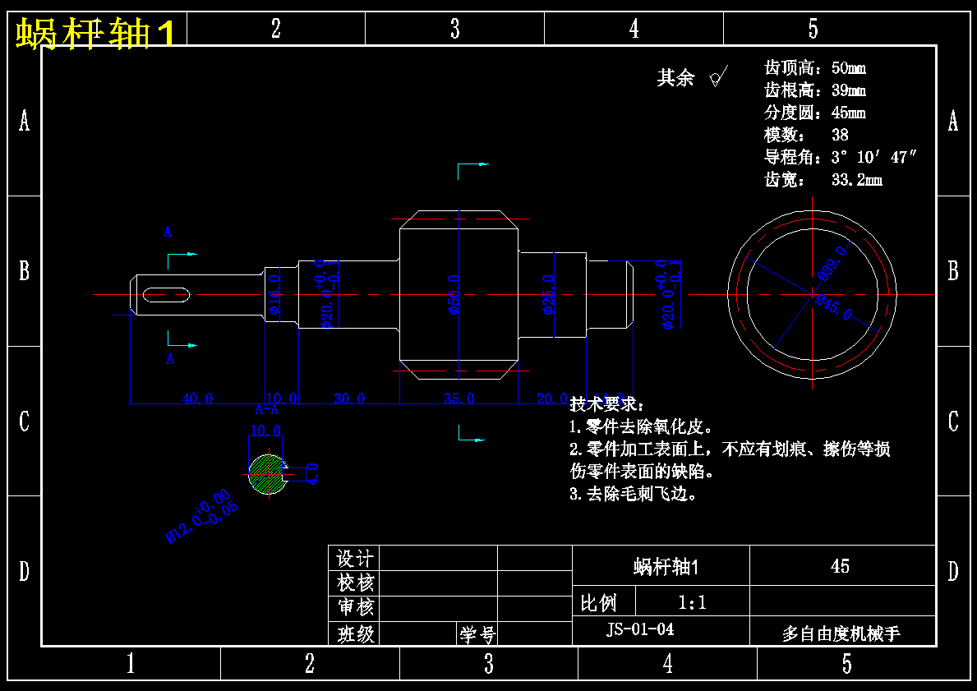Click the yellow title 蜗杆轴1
(x=95, y=35)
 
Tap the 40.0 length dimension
(x=198, y=398)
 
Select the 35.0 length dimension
(x=459, y=398)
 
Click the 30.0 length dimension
(x=349, y=398)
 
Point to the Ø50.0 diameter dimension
(x=454, y=295)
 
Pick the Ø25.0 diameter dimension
(x=549, y=295)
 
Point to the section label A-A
(x=266, y=409)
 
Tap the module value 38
(x=840, y=135)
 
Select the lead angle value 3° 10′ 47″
(x=873, y=157)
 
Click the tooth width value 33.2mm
(x=857, y=179)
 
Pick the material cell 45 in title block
(x=840, y=566)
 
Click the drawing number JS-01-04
(x=640, y=630)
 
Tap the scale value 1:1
(x=692, y=603)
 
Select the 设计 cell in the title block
(x=355, y=559)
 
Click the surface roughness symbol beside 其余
(x=717, y=77)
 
